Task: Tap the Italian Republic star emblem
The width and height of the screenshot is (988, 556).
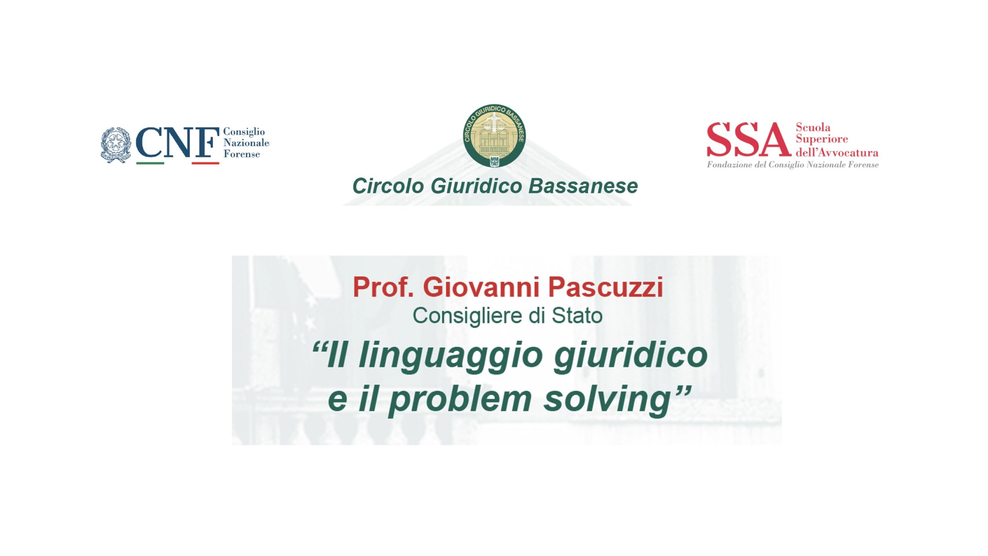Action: click(115, 145)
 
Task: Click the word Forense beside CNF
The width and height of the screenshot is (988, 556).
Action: click(242, 154)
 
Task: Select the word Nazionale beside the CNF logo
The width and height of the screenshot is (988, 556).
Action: click(246, 143)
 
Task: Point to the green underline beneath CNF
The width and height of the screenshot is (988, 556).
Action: click(150, 163)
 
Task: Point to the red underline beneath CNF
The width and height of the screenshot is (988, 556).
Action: click(205, 163)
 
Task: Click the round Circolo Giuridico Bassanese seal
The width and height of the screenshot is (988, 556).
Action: click(494, 135)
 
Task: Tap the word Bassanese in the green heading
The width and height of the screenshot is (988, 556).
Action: click(583, 186)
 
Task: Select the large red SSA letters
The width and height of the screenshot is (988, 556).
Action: click(748, 139)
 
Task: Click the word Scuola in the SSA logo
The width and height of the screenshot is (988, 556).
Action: click(813, 127)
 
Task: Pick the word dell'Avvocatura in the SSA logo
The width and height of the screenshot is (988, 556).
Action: click(837, 152)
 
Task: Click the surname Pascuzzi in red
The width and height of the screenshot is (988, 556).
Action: click(606, 287)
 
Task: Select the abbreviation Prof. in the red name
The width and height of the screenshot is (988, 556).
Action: click(383, 287)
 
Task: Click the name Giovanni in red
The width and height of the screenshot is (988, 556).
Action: click(481, 287)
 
